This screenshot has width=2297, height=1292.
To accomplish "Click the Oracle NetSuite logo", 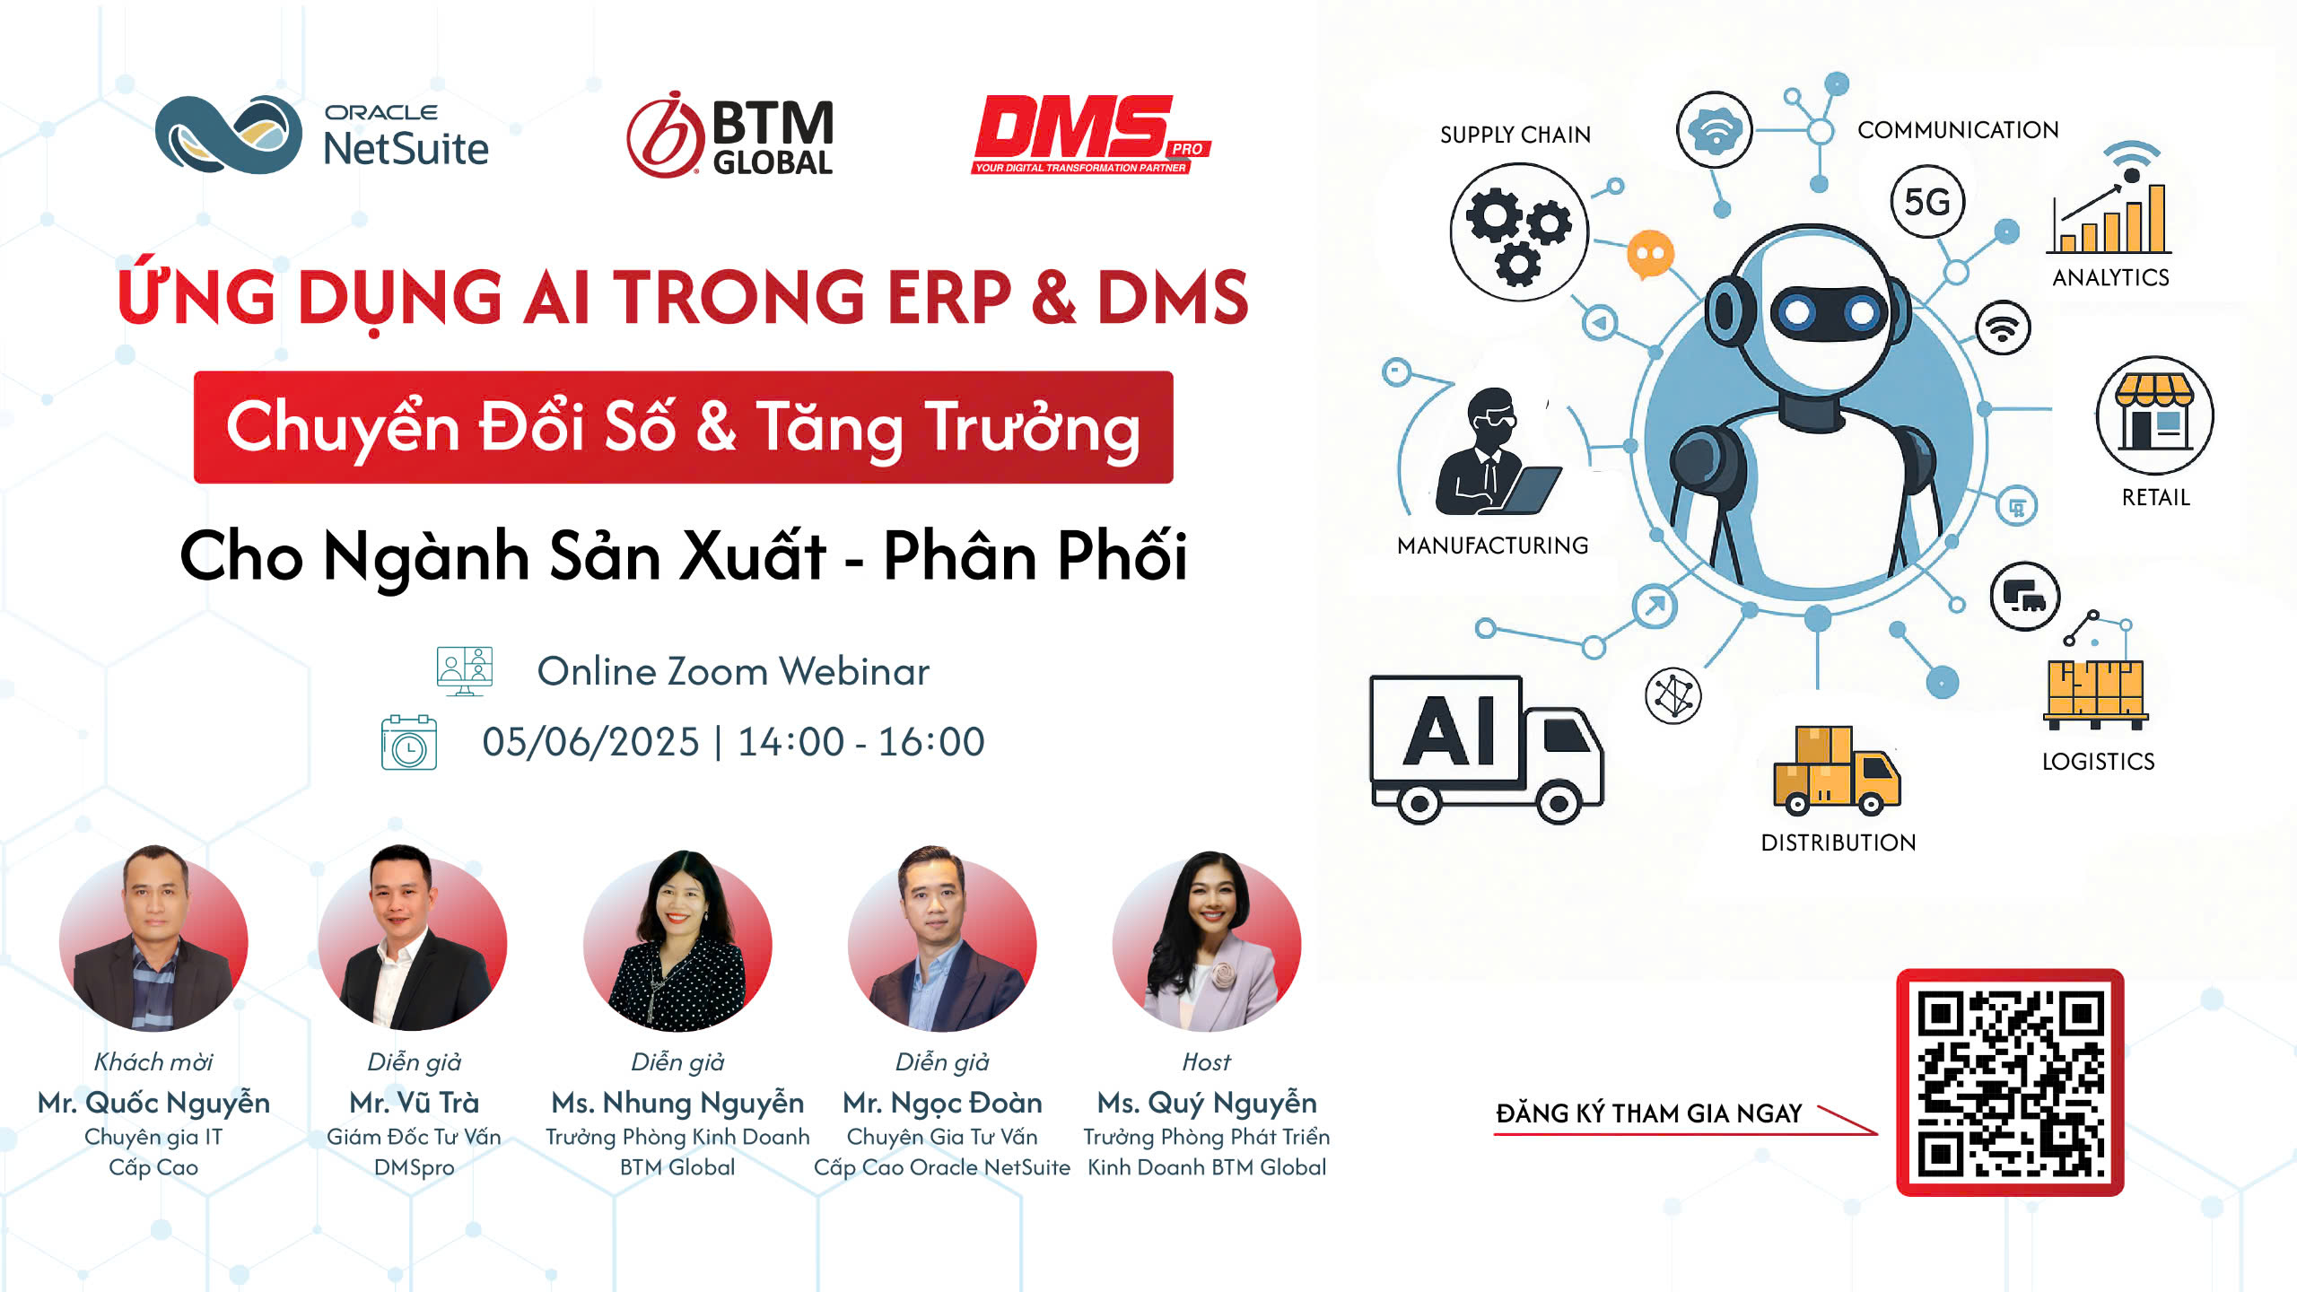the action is [x=322, y=135].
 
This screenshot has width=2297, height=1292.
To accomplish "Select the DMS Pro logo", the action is [x=1091, y=135].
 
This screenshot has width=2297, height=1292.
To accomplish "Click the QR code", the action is [x=2010, y=1082].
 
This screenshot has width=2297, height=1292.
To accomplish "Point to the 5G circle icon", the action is [x=1927, y=202].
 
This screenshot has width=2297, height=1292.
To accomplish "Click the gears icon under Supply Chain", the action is [x=1519, y=231].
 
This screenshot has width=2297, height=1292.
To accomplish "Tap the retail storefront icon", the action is [x=2154, y=415].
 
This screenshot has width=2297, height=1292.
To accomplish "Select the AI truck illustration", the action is [x=1487, y=748].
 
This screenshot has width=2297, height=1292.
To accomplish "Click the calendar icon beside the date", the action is [x=409, y=742].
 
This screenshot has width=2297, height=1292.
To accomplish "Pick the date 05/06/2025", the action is [x=590, y=742].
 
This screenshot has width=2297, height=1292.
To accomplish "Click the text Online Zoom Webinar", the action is [x=733, y=671].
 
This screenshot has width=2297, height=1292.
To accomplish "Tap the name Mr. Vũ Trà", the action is [x=414, y=1102].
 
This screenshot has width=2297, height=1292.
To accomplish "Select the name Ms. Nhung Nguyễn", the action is [x=677, y=1102].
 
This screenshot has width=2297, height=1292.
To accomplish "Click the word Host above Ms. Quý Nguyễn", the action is [x=1207, y=1061].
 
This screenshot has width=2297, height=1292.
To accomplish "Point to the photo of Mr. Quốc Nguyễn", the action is [x=153, y=938].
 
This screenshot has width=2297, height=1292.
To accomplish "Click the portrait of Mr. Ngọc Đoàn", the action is [x=942, y=938].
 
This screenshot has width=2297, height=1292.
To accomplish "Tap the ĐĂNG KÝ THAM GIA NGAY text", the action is [x=1649, y=1113].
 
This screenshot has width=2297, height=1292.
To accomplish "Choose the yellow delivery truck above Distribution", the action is [x=1837, y=771].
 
